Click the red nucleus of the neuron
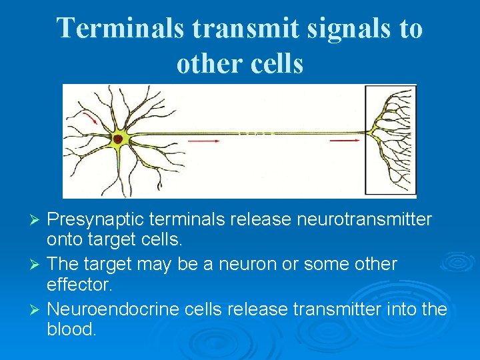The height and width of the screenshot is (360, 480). point(118,139)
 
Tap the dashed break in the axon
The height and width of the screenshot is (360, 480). point(257,133)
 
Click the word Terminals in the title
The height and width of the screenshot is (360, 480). point(118,29)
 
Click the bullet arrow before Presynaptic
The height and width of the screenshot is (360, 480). point(37,220)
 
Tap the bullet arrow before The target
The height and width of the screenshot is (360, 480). point(37,265)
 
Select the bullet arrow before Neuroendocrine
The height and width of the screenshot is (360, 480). point(37,309)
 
